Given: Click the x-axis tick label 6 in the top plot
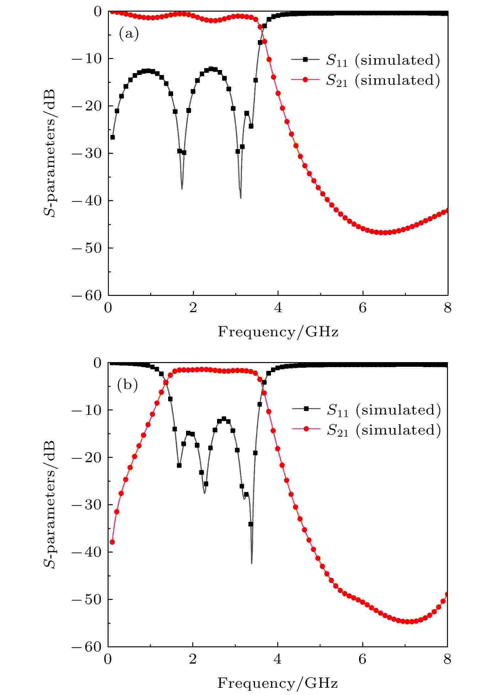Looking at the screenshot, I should tap(363, 308).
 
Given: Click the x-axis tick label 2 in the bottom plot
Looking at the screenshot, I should tap(193, 660).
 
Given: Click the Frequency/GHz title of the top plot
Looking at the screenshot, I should tap(278, 332).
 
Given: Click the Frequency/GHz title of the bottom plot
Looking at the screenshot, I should tap(278, 683).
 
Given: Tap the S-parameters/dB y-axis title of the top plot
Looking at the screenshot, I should tap(50, 153).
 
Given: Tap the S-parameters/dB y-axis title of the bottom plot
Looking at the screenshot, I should tap(50, 504).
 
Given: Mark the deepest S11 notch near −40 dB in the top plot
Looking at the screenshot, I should tap(241, 198).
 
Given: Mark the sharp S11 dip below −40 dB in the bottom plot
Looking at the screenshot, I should tap(252, 563).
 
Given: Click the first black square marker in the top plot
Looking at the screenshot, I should tap(112, 137).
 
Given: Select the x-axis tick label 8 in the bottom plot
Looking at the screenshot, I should tap(447, 660).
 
